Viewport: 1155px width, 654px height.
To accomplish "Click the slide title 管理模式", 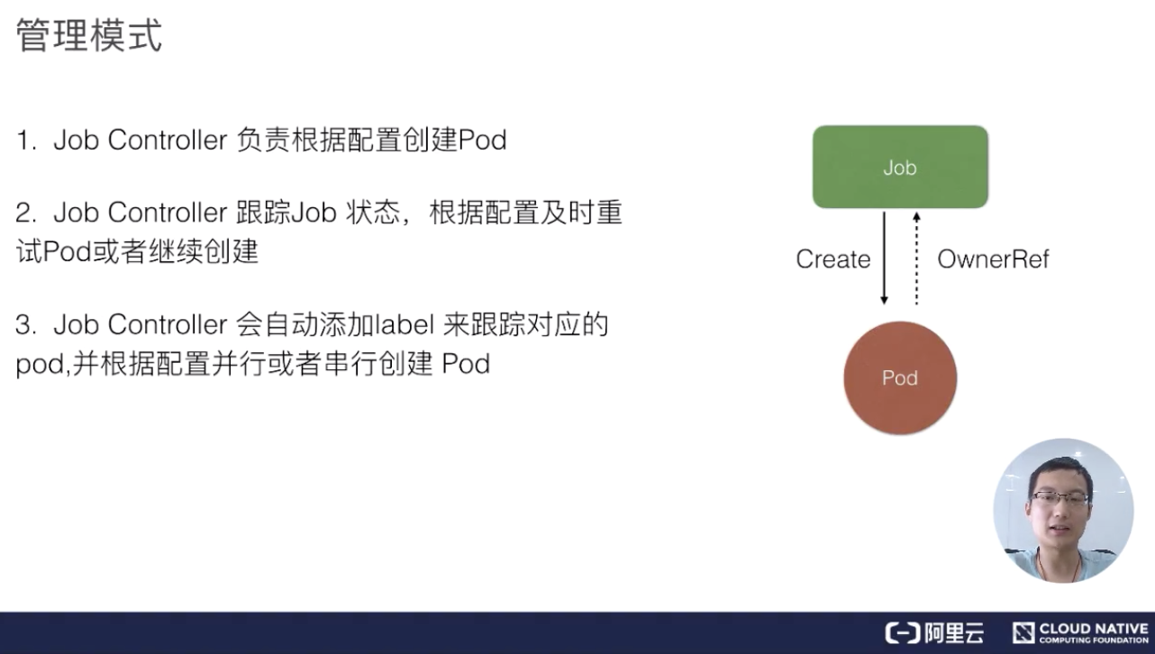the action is pos(89,35).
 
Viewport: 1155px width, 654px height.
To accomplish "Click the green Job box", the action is pos(900,167).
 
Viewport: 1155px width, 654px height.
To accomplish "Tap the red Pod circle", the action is pos(900,377).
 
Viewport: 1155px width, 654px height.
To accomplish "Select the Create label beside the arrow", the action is pos(833,259).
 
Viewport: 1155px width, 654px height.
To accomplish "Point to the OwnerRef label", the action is pos(993,259).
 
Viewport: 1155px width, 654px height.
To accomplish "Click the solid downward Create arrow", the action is pos(885,259).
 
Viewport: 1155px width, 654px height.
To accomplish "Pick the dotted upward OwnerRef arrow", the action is pos(916,259).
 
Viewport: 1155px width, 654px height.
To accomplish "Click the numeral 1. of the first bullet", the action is pos(26,141).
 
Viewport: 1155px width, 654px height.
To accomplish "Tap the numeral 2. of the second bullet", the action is pos(26,213).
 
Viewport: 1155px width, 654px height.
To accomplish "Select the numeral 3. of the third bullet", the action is pos(26,324).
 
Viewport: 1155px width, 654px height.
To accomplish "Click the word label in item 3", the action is pos(405,324).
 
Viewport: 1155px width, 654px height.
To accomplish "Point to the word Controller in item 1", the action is pos(168,140).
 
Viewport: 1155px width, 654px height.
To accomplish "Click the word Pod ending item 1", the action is pos(483,140).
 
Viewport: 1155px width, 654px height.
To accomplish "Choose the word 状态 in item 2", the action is pos(373,213).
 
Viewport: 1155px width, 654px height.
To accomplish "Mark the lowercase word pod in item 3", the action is pos(40,365).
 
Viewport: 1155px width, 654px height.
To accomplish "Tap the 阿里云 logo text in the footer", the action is pos(954,633).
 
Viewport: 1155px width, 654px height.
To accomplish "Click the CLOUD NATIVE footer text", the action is pos(1094,629).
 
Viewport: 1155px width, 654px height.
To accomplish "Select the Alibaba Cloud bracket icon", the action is pos(903,633).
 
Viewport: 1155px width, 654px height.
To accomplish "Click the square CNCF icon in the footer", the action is pos(1023,633).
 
